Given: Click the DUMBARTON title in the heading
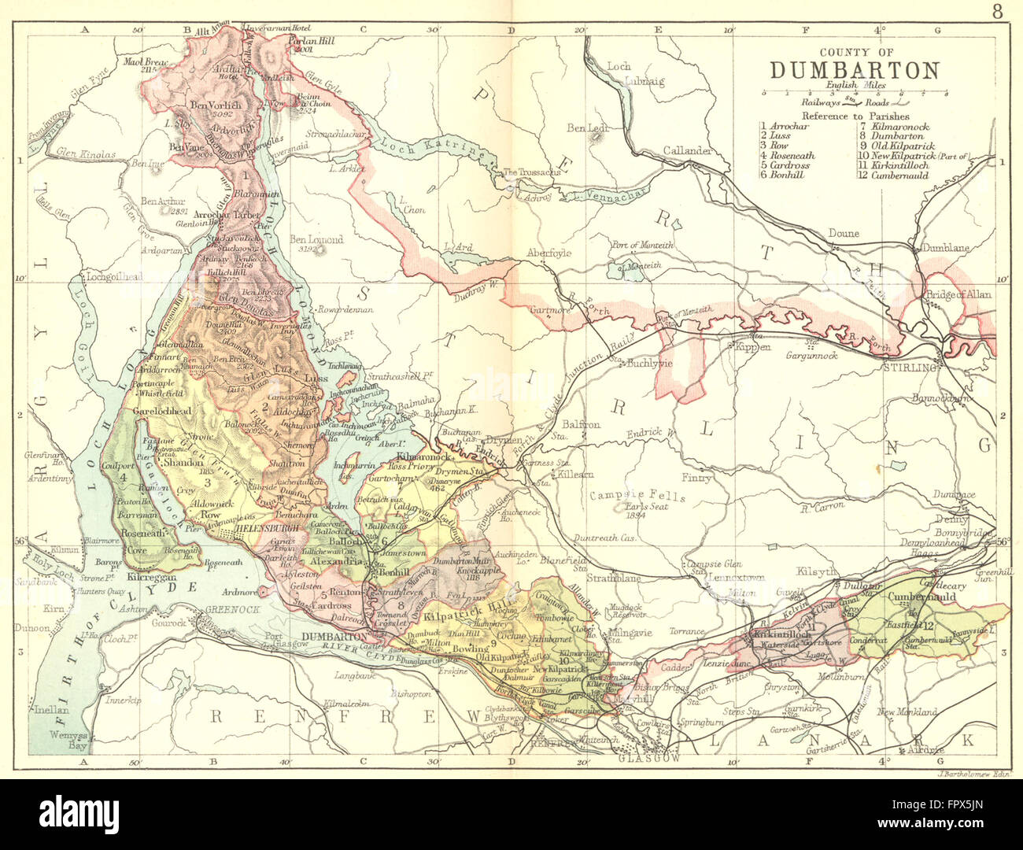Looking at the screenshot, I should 854,70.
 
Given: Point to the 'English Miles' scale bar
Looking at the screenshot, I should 855,92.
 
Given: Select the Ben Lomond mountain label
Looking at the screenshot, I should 316,240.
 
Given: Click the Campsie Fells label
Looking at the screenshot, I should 637,497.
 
